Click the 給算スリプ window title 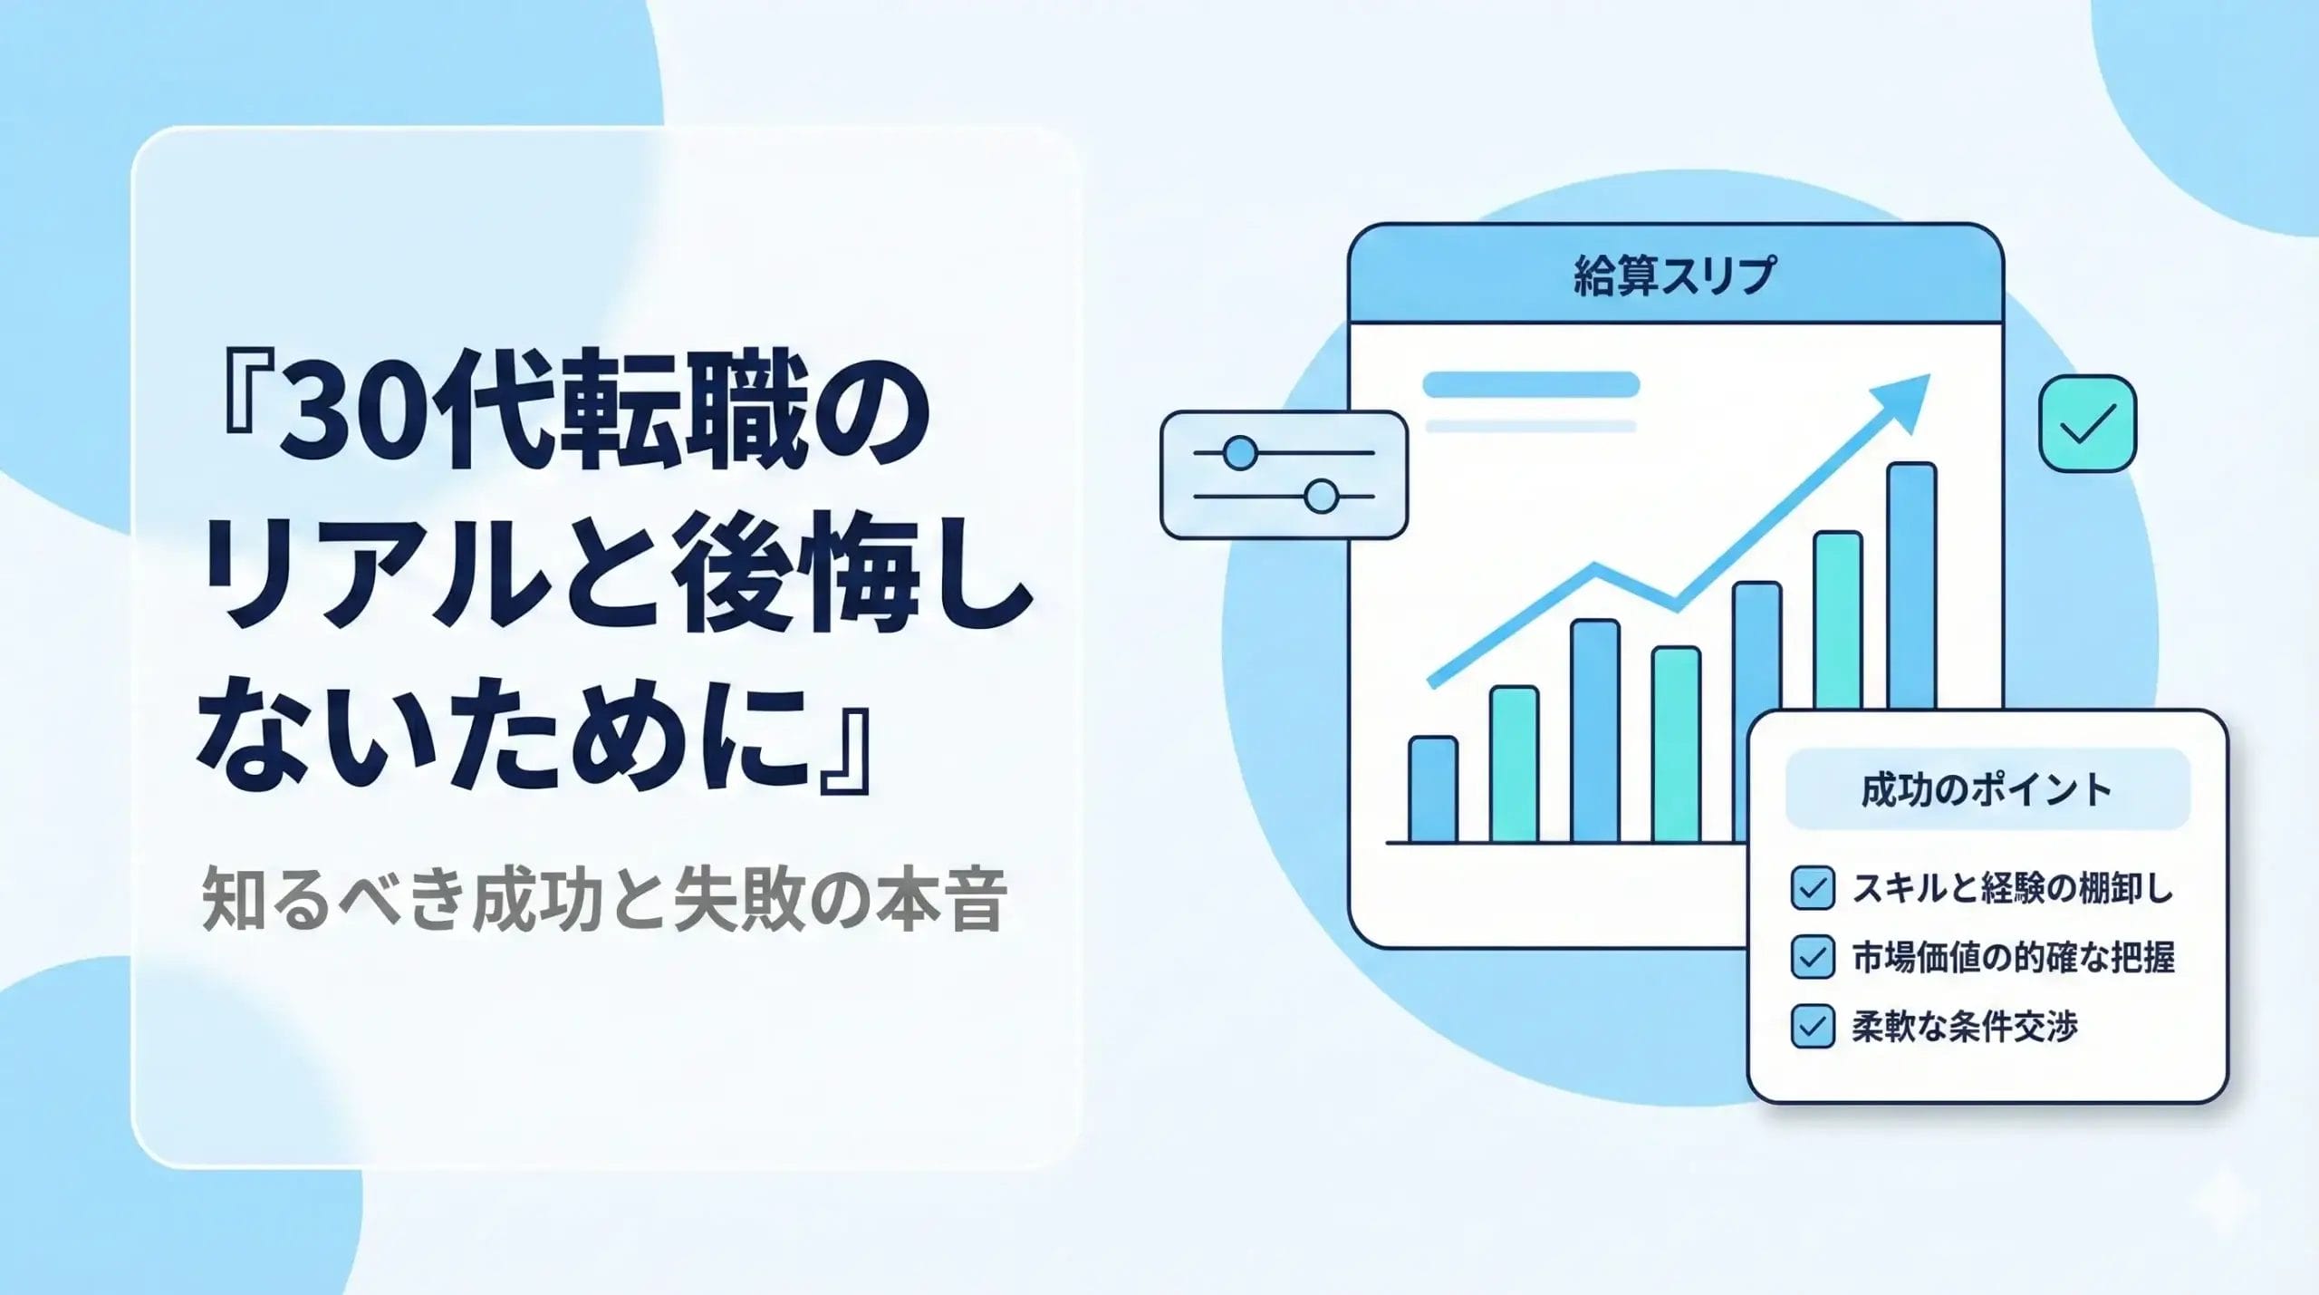pos(1674,275)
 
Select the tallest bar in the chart pos(1912,585)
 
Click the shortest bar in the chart pos(1433,788)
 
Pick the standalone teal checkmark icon pos(2087,423)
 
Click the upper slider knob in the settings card pos(1239,452)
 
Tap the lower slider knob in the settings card pos(1322,497)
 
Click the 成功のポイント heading pos(1987,789)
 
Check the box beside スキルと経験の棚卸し pos(1813,888)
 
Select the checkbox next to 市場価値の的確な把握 pos(1813,957)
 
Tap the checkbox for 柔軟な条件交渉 pos(1813,1026)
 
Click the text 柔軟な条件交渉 pos(1965,1026)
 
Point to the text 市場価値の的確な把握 pos(2013,957)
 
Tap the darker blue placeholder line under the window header pos(1531,384)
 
